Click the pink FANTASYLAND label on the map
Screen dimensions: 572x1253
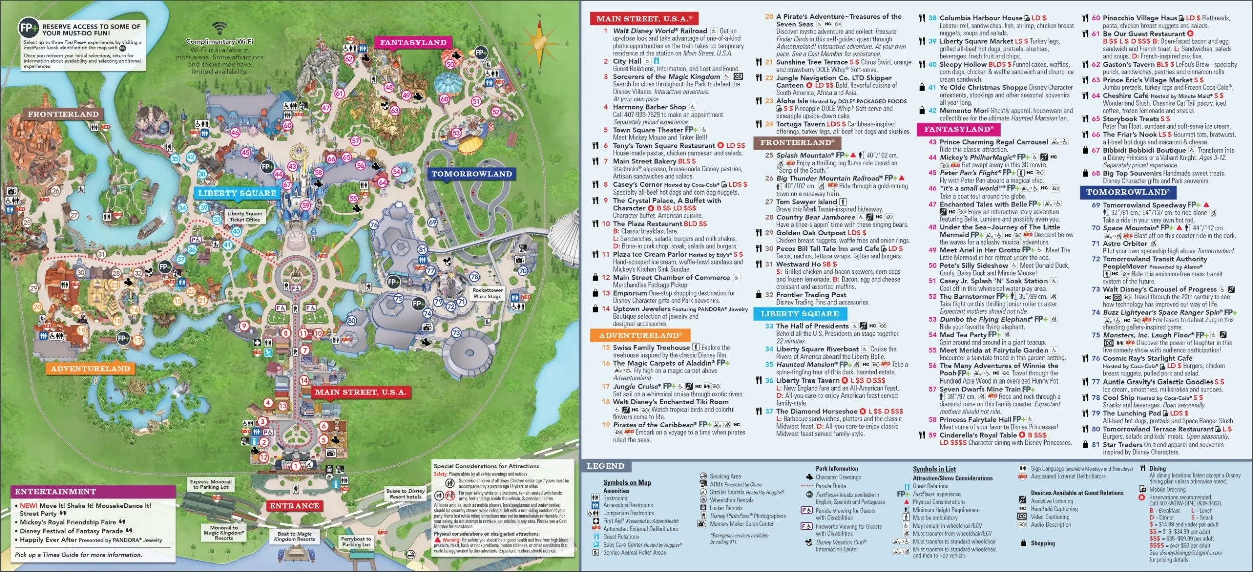[413, 43]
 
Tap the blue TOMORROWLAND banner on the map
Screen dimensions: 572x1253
[471, 174]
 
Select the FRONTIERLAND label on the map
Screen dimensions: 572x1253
[63, 114]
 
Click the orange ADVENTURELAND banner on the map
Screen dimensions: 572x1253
[90, 369]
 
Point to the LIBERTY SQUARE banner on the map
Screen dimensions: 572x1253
[237, 193]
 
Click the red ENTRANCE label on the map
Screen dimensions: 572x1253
[295, 506]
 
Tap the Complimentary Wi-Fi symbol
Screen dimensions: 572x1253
[219, 28]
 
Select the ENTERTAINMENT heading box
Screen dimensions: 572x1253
[55, 492]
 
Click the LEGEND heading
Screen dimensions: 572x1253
[605, 466]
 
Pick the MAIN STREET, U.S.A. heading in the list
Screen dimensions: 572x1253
[644, 19]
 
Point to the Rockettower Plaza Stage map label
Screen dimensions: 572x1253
[487, 293]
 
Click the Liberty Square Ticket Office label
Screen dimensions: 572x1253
[245, 216]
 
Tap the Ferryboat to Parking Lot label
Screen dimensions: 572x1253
[356, 542]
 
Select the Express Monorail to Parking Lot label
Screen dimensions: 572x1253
[211, 484]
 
